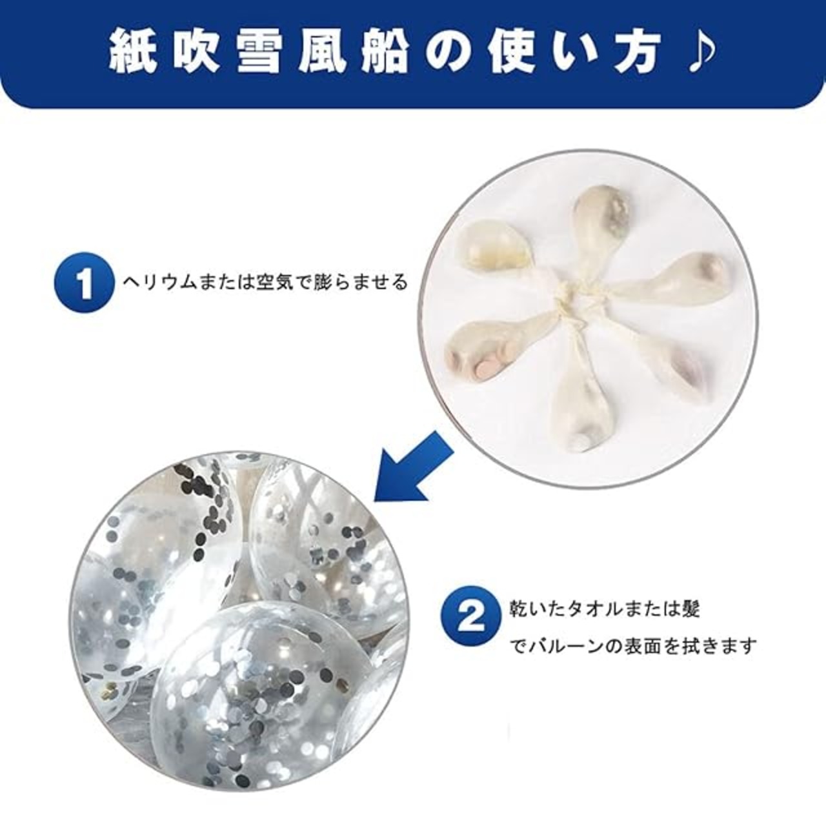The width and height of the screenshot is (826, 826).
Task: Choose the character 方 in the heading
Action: click(x=632, y=54)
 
